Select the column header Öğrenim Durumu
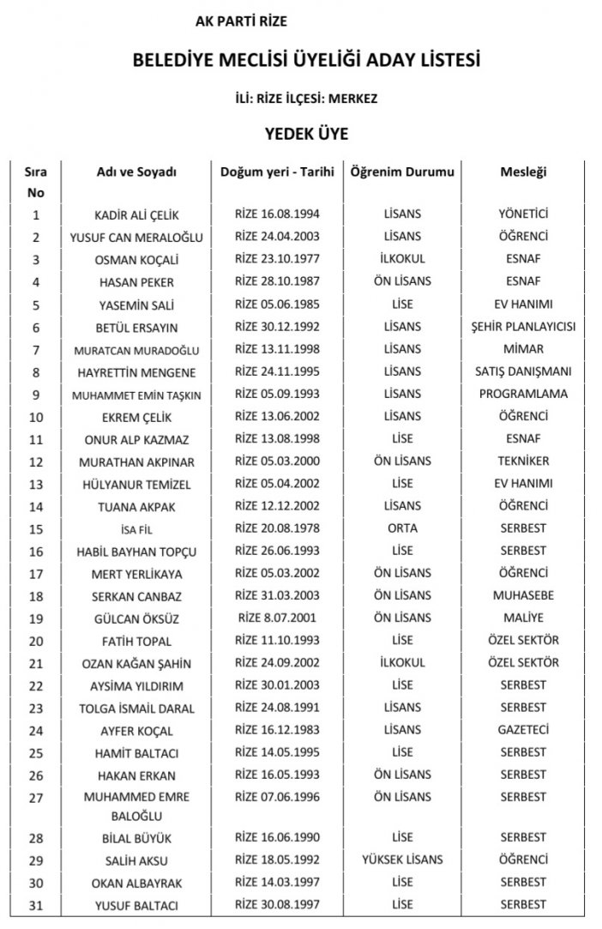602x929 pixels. click(x=401, y=172)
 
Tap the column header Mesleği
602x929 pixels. click(x=523, y=172)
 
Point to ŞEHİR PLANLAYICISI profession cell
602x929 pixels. click(x=523, y=327)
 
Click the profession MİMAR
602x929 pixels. click(x=523, y=349)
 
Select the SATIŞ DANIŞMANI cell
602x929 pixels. click(x=523, y=371)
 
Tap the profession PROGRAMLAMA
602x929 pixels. click(x=523, y=394)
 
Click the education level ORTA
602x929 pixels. click(x=401, y=528)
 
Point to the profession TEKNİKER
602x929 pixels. click(x=523, y=461)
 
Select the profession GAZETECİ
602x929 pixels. click(x=523, y=730)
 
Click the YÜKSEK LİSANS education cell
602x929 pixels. click(x=401, y=860)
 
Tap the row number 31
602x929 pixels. click(x=35, y=905)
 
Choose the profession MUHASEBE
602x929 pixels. click(x=523, y=595)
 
